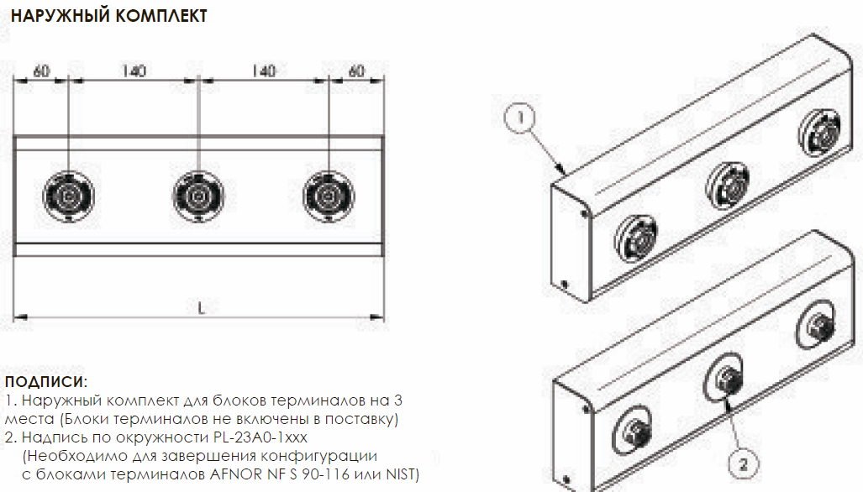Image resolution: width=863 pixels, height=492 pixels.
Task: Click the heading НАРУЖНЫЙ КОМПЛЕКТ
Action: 109,16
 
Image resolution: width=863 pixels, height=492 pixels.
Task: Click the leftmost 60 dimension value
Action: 42,71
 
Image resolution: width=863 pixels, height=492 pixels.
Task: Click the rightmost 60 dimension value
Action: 356,71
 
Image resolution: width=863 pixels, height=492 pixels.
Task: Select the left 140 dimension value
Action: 134,71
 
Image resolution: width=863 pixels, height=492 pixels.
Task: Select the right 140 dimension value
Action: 264,71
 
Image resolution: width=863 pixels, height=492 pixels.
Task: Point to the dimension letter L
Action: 201,308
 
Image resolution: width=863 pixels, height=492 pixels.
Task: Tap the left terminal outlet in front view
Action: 69,196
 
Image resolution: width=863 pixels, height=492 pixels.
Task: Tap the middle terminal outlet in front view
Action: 198,196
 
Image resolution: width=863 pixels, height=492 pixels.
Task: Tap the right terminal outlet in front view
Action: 329,196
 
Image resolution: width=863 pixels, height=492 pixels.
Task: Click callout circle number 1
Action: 520,118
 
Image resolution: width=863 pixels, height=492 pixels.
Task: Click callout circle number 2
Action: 743,464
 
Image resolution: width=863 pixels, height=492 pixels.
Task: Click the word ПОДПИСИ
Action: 45,381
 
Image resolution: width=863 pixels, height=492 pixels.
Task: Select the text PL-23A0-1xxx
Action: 260,437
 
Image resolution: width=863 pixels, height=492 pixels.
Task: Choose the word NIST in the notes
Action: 402,474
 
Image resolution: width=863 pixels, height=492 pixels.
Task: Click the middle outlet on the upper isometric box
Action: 728,186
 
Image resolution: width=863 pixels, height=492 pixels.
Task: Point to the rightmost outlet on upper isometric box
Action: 821,132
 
